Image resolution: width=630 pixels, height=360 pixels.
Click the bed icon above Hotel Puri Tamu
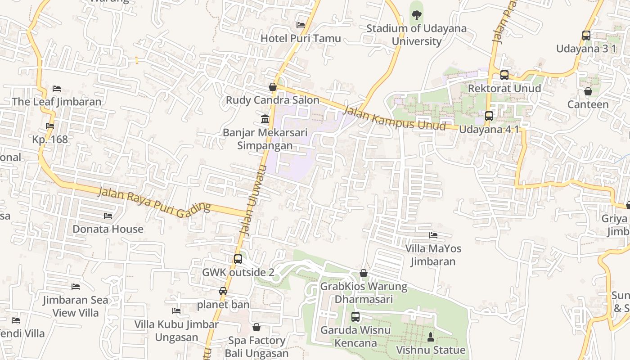tap(301, 25)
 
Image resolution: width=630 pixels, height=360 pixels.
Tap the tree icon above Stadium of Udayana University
tap(417, 15)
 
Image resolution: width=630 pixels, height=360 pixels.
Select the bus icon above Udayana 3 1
tap(586, 36)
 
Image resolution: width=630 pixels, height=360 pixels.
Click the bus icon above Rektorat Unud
tap(504, 75)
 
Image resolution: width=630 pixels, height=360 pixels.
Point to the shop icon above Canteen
tap(588, 91)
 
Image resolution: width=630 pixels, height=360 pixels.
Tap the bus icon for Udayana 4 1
tap(489, 116)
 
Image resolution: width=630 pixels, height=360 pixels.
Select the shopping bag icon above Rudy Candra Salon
tap(273, 87)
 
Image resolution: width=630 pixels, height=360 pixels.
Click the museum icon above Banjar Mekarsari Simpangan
tap(265, 120)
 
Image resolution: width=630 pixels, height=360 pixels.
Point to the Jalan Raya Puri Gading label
tap(154, 200)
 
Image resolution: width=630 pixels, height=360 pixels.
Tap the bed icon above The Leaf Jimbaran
tap(57, 89)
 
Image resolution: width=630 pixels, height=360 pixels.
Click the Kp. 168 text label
tap(50, 139)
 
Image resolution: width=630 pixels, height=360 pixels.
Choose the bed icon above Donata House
tap(108, 216)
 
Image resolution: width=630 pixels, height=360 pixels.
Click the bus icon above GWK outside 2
tap(238, 259)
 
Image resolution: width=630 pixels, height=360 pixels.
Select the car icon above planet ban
tap(223, 291)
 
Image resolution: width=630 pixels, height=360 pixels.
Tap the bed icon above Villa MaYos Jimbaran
tap(433, 235)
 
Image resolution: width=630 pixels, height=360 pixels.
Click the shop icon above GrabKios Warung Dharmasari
tap(364, 273)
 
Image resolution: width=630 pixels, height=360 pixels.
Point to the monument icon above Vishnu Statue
tap(431, 337)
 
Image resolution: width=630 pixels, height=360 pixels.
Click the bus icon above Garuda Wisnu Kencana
tap(355, 317)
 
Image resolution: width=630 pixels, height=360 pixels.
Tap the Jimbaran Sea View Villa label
tap(76, 306)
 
